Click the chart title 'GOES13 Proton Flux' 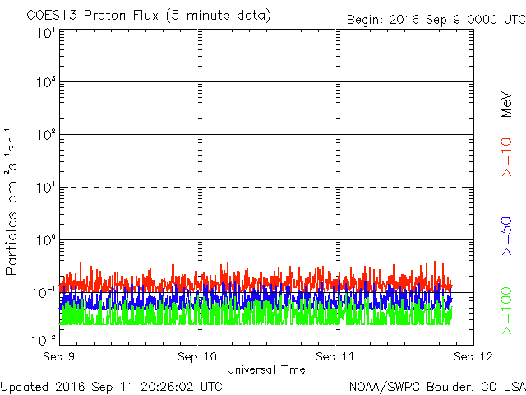coord(93,16)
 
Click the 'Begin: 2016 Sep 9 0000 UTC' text coord(436,20)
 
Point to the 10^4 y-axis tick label coord(46,33)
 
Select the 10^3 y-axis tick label coord(46,81)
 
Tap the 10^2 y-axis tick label coord(46,134)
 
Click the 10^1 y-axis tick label coord(46,187)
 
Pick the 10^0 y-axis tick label coord(46,239)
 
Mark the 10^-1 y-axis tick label coord(44,293)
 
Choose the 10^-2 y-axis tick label coord(44,341)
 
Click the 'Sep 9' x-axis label coord(58,356)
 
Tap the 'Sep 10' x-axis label coord(197,356)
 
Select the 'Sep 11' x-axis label coord(335,356)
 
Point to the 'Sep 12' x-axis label coord(473,356)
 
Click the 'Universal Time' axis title coord(266,369)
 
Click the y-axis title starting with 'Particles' coord(11,202)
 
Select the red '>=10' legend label coord(506,157)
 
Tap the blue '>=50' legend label coord(506,236)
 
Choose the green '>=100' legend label coord(506,311)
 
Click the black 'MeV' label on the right coord(506,105)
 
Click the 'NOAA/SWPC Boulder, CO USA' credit coord(437,387)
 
